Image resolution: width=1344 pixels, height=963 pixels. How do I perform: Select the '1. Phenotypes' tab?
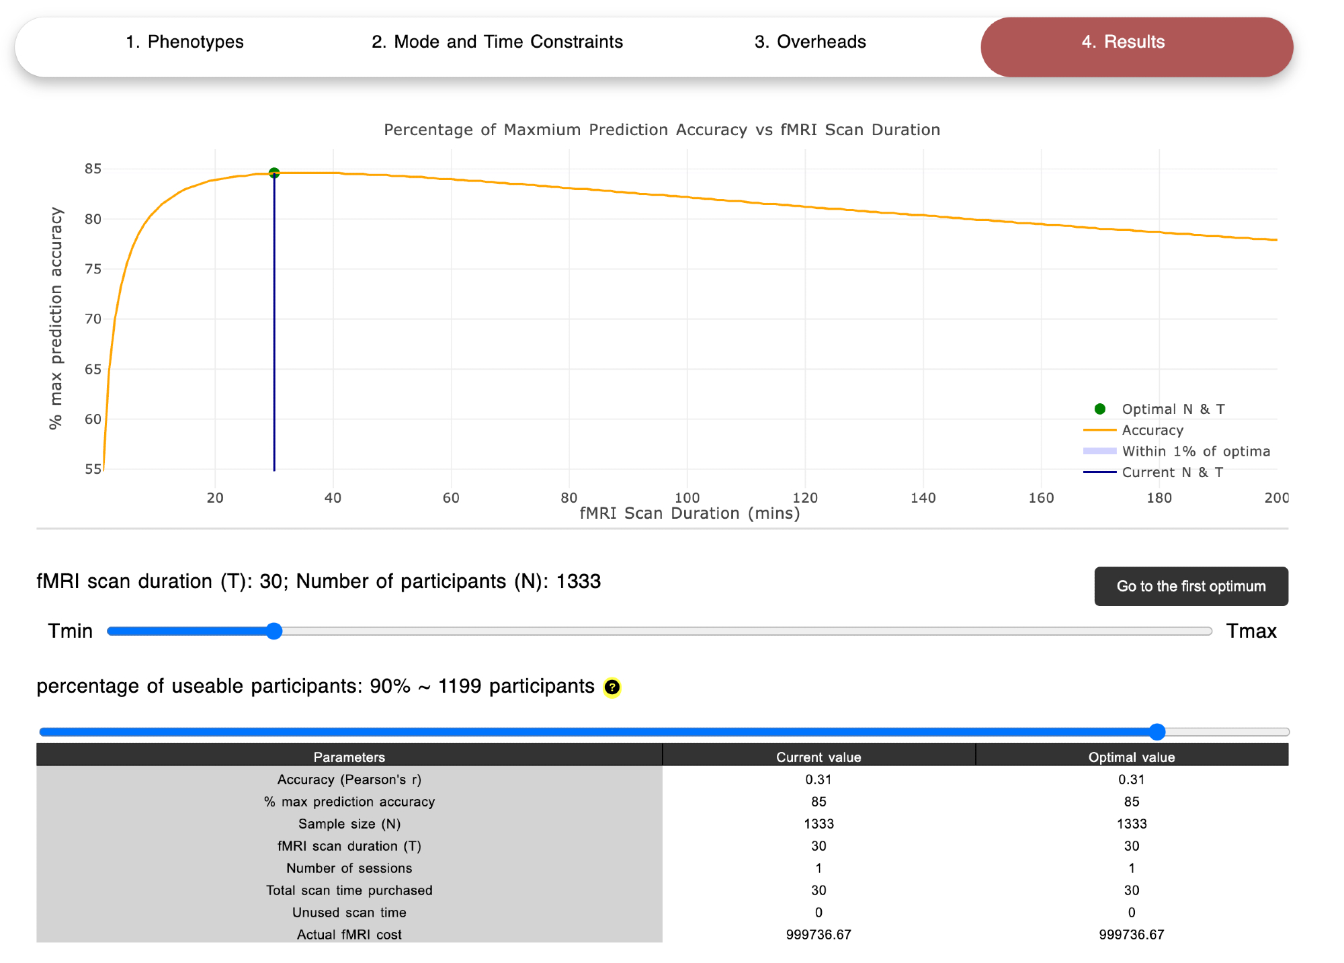click(184, 42)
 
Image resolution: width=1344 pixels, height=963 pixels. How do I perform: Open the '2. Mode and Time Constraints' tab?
click(497, 42)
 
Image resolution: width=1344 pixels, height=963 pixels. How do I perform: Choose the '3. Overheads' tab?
click(810, 42)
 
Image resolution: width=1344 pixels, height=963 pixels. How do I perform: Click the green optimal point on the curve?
click(274, 173)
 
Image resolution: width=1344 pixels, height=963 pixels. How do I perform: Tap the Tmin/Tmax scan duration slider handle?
click(274, 631)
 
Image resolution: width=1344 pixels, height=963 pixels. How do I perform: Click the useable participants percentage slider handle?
click(1157, 732)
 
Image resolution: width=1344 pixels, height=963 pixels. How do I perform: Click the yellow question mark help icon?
click(612, 687)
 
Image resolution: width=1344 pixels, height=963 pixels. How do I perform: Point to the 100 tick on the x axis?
click(687, 498)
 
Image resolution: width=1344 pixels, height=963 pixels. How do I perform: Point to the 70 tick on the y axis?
click(93, 319)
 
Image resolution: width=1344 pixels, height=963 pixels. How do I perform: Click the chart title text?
click(661, 130)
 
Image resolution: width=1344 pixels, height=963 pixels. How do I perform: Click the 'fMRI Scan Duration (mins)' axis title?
click(689, 514)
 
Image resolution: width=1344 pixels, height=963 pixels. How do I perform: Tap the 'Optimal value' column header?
click(1131, 757)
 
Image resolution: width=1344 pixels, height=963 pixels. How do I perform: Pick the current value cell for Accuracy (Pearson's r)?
click(818, 780)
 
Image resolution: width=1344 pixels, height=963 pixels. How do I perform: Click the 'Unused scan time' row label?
click(349, 913)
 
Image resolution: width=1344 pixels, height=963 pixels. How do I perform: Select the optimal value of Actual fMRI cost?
click(1131, 935)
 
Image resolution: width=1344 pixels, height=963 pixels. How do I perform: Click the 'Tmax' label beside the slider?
click(1251, 631)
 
